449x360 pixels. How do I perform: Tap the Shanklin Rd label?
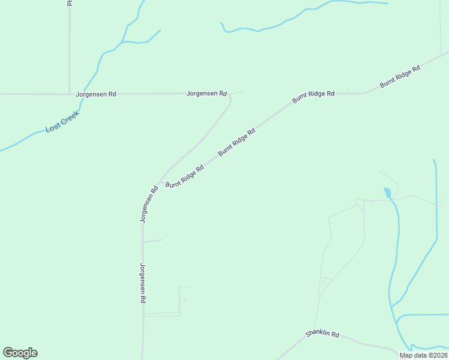tap(322, 334)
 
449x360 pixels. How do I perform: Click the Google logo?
tap(20, 353)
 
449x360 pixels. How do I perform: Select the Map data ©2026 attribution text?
tap(423, 355)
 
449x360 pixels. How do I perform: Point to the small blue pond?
tap(387, 193)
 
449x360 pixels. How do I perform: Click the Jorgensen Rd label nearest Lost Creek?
tap(96, 94)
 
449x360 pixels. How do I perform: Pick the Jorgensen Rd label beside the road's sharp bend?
tap(206, 94)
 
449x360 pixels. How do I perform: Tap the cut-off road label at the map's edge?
tap(70, 3)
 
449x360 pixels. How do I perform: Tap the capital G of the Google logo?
tap(8, 353)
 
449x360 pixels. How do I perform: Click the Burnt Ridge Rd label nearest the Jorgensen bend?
tap(237, 142)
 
